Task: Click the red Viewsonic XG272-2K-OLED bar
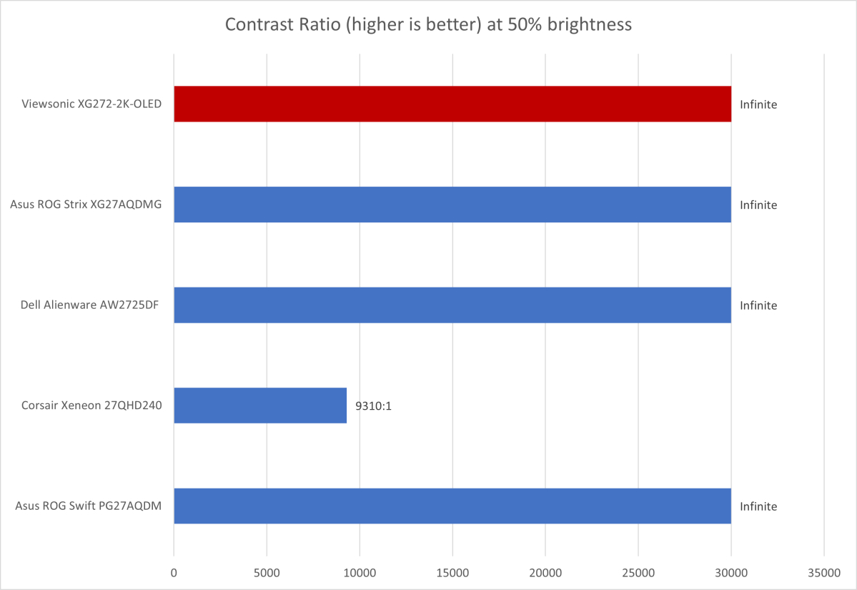coord(452,104)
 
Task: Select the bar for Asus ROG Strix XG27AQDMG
coord(452,205)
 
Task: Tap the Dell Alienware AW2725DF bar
coord(452,305)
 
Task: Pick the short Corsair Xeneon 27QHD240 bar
coord(260,405)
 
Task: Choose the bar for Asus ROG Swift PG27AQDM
coord(452,506)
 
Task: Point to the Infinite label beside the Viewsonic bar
coord(758,104)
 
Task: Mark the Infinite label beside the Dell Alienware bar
coord(758,305)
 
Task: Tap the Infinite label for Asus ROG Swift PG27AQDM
coord(758,506)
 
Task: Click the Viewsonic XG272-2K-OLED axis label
coord(91,104)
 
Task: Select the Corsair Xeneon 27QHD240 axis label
coord(91,405)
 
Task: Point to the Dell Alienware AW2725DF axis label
coord(90,305)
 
